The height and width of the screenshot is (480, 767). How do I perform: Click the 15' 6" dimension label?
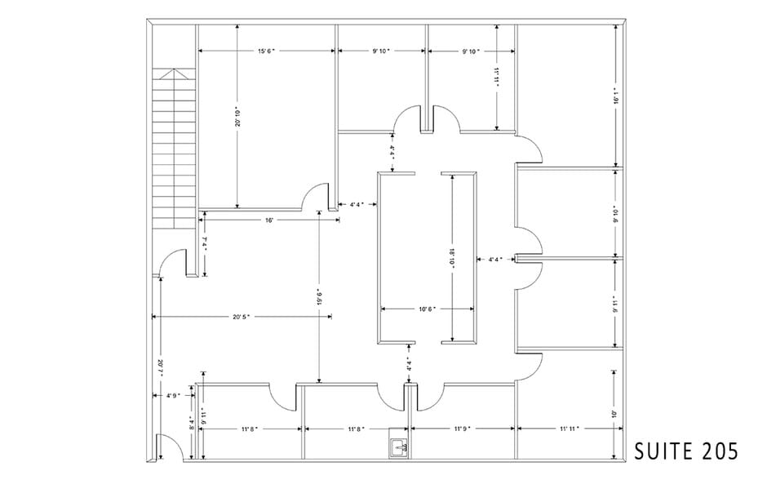[x=266, y=51]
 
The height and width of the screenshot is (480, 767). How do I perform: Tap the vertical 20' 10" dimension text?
[x=237, y=117]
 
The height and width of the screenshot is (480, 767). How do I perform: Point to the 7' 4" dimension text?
[x=205, y=244]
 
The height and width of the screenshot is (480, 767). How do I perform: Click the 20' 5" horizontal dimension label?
[x=239, y=317]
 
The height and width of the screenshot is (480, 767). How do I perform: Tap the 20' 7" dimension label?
[x=162, y=369]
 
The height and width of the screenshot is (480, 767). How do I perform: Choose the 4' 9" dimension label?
[x=172, y=396]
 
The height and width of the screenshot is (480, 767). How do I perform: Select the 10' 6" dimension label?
[x=428, y=309]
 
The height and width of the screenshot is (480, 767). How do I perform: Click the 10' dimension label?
[x=614, y=414]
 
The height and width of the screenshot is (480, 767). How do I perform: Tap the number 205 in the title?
[x=719, y=451]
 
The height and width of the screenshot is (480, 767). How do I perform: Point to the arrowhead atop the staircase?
[x=174, y=74]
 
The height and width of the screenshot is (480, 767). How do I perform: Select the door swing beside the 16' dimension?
[x=314, y=198]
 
